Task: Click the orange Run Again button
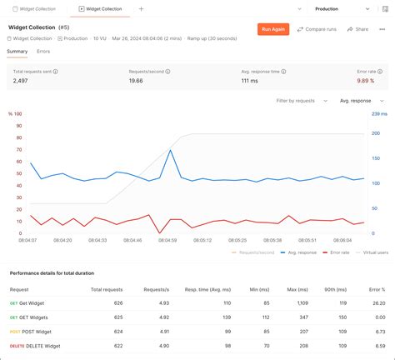tap(273, 29)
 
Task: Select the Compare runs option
tap(317, 29)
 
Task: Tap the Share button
tap(358, 29)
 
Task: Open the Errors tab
tap(43, 52)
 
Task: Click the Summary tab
tap(17, 52)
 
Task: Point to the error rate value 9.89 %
tap(366, 81)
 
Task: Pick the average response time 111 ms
tap(250, 81)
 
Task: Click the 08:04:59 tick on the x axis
tap(167, 240)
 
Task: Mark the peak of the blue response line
tap(171, 150)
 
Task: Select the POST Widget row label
tap(37, 331)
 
